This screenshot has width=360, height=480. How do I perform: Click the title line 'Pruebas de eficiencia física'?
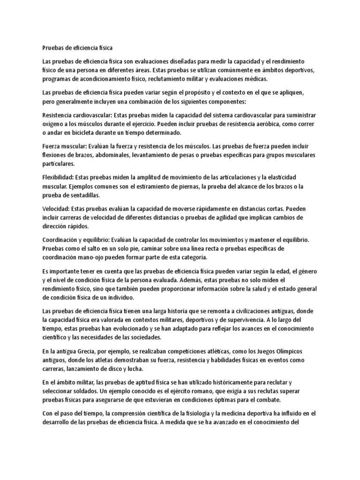(x=77, y=48)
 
